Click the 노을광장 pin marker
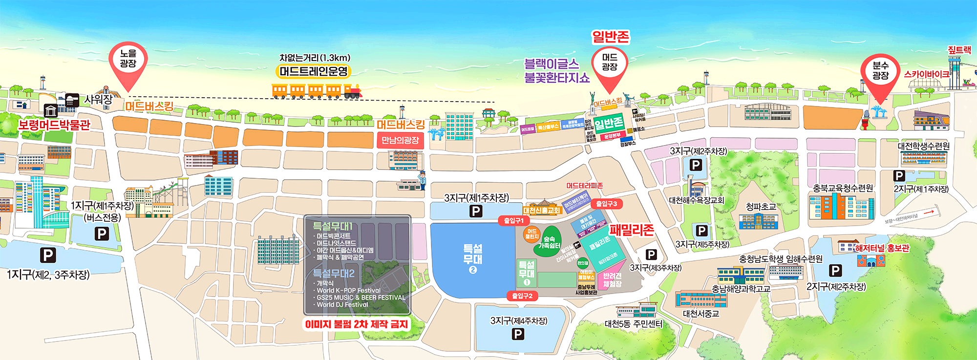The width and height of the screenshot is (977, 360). click(x=128, y=61)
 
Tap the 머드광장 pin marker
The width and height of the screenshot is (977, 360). click(x=609, y=64)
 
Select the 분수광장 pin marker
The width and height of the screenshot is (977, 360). click(x=880, y=71)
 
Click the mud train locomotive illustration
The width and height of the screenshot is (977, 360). click(x=353, y=90)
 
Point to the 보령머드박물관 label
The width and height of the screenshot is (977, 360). click(x=54, y=125)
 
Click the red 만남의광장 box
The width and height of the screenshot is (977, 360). click(x=400, y=141)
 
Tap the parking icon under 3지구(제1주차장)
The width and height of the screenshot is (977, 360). click(x=476, y=211)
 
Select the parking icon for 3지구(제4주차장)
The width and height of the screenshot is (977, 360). click(x=518, y=334)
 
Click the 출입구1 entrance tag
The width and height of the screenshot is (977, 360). click(x=514, y=221)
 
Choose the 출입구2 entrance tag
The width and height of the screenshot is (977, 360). click(x=522, y=296)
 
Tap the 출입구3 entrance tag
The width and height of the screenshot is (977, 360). click(x=606, y=204)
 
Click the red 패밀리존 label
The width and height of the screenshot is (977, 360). click(x=631, y=230)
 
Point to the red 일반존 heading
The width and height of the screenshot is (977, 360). click(x=610, y=37)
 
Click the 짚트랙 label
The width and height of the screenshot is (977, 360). click(x=959, y=50)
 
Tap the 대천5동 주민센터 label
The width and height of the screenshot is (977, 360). click(x=634, y=324)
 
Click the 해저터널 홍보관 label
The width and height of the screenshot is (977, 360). click(x=882, y=248)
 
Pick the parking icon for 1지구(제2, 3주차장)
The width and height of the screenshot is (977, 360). click(x=47, y=255)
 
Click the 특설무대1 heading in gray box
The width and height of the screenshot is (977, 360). click(x=333, y=226)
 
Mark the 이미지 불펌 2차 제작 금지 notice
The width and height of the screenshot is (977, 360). click(x=356, y=324)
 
